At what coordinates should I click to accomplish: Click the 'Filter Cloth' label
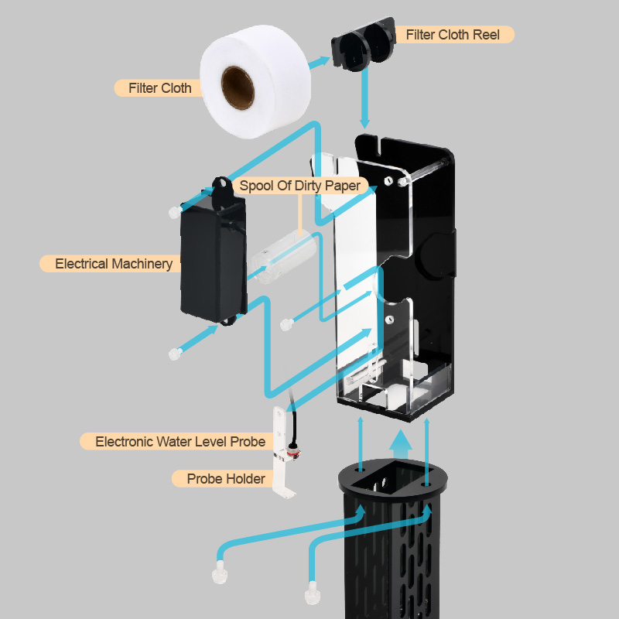coord(159,88)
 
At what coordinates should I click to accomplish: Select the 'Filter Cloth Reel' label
coord(453,34)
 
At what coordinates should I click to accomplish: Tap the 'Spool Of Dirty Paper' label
coord(299,186)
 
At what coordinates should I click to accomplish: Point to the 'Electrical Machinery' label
coord(114,264)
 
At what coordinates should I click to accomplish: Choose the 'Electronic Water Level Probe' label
coord(180,442)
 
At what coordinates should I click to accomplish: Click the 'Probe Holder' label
coord(225,479)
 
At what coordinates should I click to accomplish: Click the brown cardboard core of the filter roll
coord(238,87)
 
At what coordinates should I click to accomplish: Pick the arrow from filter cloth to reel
coord(320,61)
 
